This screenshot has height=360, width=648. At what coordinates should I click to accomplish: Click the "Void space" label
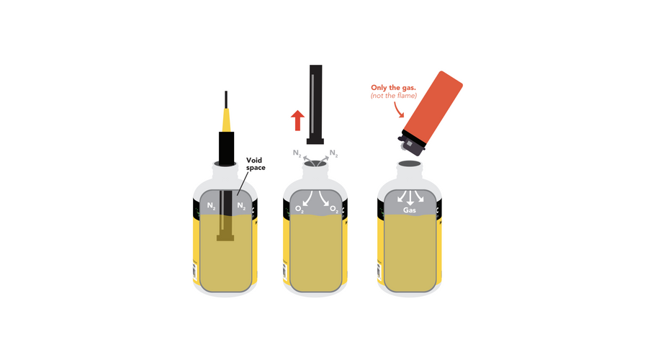click(256, 163)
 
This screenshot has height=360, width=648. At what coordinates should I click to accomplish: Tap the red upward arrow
click(297, 120)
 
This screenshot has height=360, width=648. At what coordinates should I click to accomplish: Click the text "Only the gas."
click(393, 88)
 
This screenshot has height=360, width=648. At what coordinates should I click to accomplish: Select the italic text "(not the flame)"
click(393, 96)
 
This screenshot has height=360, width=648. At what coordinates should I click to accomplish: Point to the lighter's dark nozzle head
click(411, 143)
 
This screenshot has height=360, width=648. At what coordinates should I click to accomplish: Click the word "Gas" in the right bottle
click(410, 210)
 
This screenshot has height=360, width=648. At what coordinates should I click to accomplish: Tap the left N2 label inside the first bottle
click(211, 205)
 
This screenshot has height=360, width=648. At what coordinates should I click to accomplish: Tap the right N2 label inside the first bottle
click(241, 205)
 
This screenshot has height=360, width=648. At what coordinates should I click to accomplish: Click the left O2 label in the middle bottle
click(300, 210)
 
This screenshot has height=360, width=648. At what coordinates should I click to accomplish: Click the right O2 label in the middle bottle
click(334, 210)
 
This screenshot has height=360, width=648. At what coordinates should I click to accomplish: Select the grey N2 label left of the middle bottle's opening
click(297, 153)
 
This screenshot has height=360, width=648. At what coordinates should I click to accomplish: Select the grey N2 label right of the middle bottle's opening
click(333, 154)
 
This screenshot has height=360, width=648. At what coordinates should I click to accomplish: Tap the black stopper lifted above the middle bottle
click(315, 104)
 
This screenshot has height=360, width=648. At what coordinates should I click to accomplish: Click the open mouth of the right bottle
click(410, 163)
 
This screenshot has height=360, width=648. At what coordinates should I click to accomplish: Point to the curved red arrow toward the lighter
click(398, 109)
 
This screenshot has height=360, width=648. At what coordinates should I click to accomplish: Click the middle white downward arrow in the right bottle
click(410, 198)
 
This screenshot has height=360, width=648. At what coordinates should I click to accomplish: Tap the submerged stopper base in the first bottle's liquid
click(225, 238)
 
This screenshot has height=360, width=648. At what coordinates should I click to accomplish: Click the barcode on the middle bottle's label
click(284, 271)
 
